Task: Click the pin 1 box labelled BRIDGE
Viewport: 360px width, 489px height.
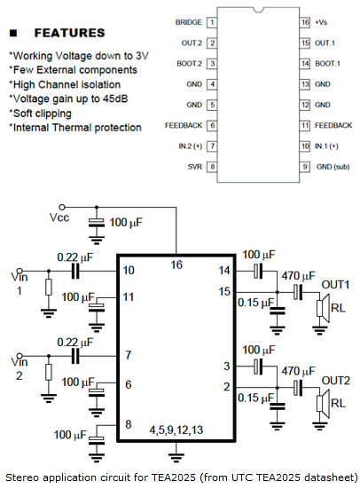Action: pyautogui.click(x=212, y=22)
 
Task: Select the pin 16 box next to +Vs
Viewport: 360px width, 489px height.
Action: pyautogui.click(x=305, y=22)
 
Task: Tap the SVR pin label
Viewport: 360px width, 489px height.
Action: pyautogui.click(x=195, y=167)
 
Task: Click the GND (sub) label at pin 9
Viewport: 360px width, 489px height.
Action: pyautogui.click(x=333, y=167)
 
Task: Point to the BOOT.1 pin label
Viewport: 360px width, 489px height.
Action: pyautogui.click(x=327, y=64)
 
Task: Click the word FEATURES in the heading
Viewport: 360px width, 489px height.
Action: pyautogui.click(x=69, y=33)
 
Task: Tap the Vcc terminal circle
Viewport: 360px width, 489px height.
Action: pyautogui.click(x=62, y=207)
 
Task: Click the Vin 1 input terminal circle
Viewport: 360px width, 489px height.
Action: pyautogui.click(x=20, y=271)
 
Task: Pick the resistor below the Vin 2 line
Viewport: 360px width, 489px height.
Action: pyautogui.click(x=48, y=372)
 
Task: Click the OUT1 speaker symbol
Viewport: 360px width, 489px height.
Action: pyautogui.click(x=323, y=308)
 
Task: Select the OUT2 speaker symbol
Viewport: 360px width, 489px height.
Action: pyautogui.click(x=323, y=403)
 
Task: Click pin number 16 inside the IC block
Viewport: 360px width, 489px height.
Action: pyautogui.click(x=176, y=264)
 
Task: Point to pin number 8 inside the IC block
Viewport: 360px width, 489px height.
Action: pyautogui.click(x=128, y=424)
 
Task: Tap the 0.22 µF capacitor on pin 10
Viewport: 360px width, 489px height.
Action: pyautogui.click(x=75, y=271)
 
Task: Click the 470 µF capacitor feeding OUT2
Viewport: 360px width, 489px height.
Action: pyautogui.click(x=298, y=388)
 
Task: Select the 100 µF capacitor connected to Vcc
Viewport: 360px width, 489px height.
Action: pyautogui.click(x=97, y=223)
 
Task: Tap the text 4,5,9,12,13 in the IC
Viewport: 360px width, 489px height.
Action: pyautogui.click(x=176, y=430)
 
